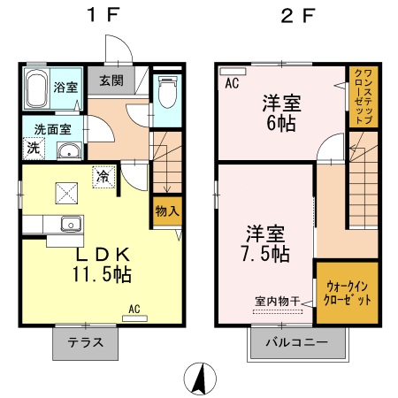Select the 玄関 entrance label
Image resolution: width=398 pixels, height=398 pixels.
(111, 81)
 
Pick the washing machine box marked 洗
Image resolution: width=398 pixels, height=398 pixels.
(33, 149)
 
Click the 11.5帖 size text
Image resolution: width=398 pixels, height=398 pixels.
(102, 275)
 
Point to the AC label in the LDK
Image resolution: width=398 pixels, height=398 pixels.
(134, 308)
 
